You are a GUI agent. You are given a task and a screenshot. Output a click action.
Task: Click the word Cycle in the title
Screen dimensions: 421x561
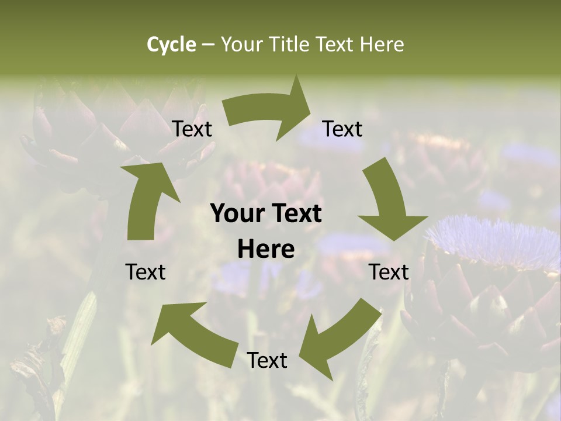171,44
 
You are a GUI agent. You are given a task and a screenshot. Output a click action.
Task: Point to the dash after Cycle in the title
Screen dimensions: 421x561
208,45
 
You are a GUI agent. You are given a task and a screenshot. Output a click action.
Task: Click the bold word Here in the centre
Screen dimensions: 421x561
266,250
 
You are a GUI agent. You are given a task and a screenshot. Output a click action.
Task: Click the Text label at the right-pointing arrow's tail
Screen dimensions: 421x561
192,129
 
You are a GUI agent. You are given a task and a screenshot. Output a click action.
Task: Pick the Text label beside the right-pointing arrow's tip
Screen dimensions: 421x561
342,129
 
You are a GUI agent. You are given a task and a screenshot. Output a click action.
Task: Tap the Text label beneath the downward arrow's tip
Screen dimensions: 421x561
389,272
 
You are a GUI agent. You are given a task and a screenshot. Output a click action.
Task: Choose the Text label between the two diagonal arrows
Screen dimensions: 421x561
267,360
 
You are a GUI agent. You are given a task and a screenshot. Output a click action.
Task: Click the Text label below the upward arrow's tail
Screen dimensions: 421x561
146,272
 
